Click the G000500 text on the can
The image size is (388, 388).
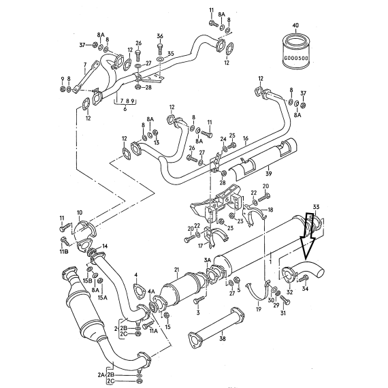coord(296,59)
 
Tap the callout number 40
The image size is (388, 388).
coord(295,25)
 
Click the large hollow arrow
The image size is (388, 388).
coord(307,236)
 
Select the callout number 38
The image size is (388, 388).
coord(223,338)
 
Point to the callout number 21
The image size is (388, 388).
coord(176,270)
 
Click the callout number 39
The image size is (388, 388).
coord(268,174)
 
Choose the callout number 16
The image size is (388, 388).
coord(245,138)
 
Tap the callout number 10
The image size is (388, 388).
coord(80,212)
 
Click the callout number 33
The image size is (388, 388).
coord(316,206)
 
